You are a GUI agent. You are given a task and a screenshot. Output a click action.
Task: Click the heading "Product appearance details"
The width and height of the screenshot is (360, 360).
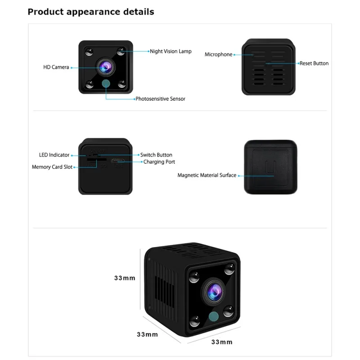91,12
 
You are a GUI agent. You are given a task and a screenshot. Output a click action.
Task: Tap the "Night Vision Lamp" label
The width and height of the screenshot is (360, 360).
171,51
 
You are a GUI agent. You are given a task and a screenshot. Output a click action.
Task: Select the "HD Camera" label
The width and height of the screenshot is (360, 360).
56,67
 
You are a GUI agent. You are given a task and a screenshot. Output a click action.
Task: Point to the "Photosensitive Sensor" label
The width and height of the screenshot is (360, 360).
160,99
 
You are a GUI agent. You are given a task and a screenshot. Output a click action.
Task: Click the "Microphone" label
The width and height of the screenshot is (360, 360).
219,54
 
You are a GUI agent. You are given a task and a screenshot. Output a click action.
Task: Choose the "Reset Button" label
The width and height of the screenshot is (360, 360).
314,63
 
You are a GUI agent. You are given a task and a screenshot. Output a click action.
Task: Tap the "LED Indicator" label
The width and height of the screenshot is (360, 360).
54,155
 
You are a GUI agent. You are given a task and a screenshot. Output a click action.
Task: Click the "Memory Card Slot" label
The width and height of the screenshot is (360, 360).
52,167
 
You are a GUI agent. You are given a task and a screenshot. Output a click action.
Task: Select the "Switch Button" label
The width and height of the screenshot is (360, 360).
156,155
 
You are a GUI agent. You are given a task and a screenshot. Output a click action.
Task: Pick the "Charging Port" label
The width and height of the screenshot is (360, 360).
159,162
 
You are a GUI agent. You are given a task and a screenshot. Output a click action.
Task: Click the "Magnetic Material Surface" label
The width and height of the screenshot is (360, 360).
207,175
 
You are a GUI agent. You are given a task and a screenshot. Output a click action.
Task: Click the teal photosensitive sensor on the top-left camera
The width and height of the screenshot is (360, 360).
106,84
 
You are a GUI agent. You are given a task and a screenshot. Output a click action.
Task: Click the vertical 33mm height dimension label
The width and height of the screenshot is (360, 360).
125,278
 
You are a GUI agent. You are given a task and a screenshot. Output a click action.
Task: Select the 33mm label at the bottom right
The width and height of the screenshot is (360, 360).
222,342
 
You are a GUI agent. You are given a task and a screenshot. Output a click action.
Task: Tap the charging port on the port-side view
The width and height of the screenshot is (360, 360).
118,162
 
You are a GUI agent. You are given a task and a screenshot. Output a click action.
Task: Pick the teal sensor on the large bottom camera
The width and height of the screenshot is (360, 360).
213,316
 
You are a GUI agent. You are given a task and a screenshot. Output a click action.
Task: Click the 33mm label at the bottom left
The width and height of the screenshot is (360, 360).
148,334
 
